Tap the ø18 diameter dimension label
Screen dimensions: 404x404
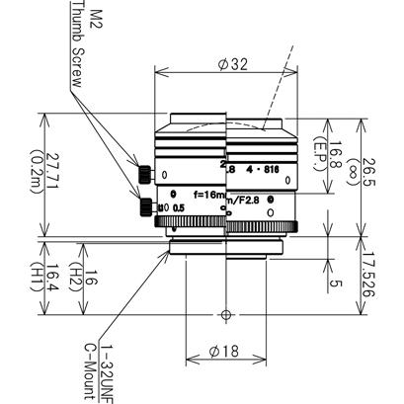tap(226, 350)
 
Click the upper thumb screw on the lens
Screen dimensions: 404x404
tap(145, 175)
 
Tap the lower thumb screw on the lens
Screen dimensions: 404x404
tap(147, 206)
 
